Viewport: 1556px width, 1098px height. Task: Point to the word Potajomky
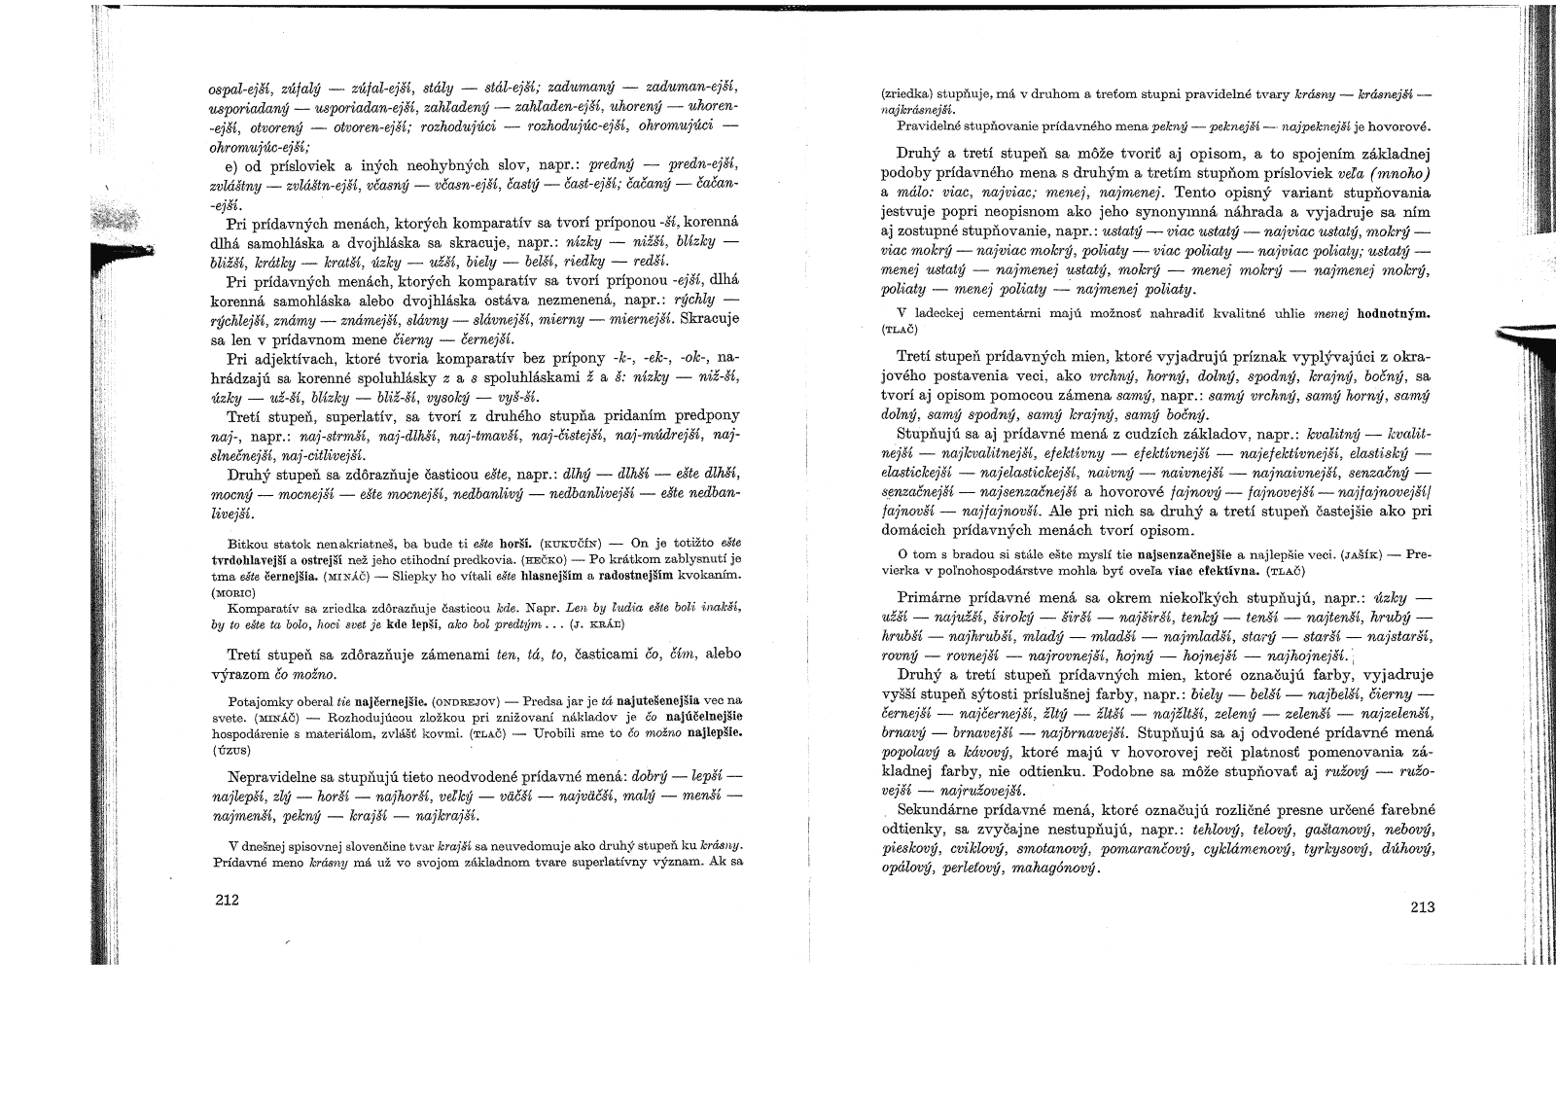tap(255, 699)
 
